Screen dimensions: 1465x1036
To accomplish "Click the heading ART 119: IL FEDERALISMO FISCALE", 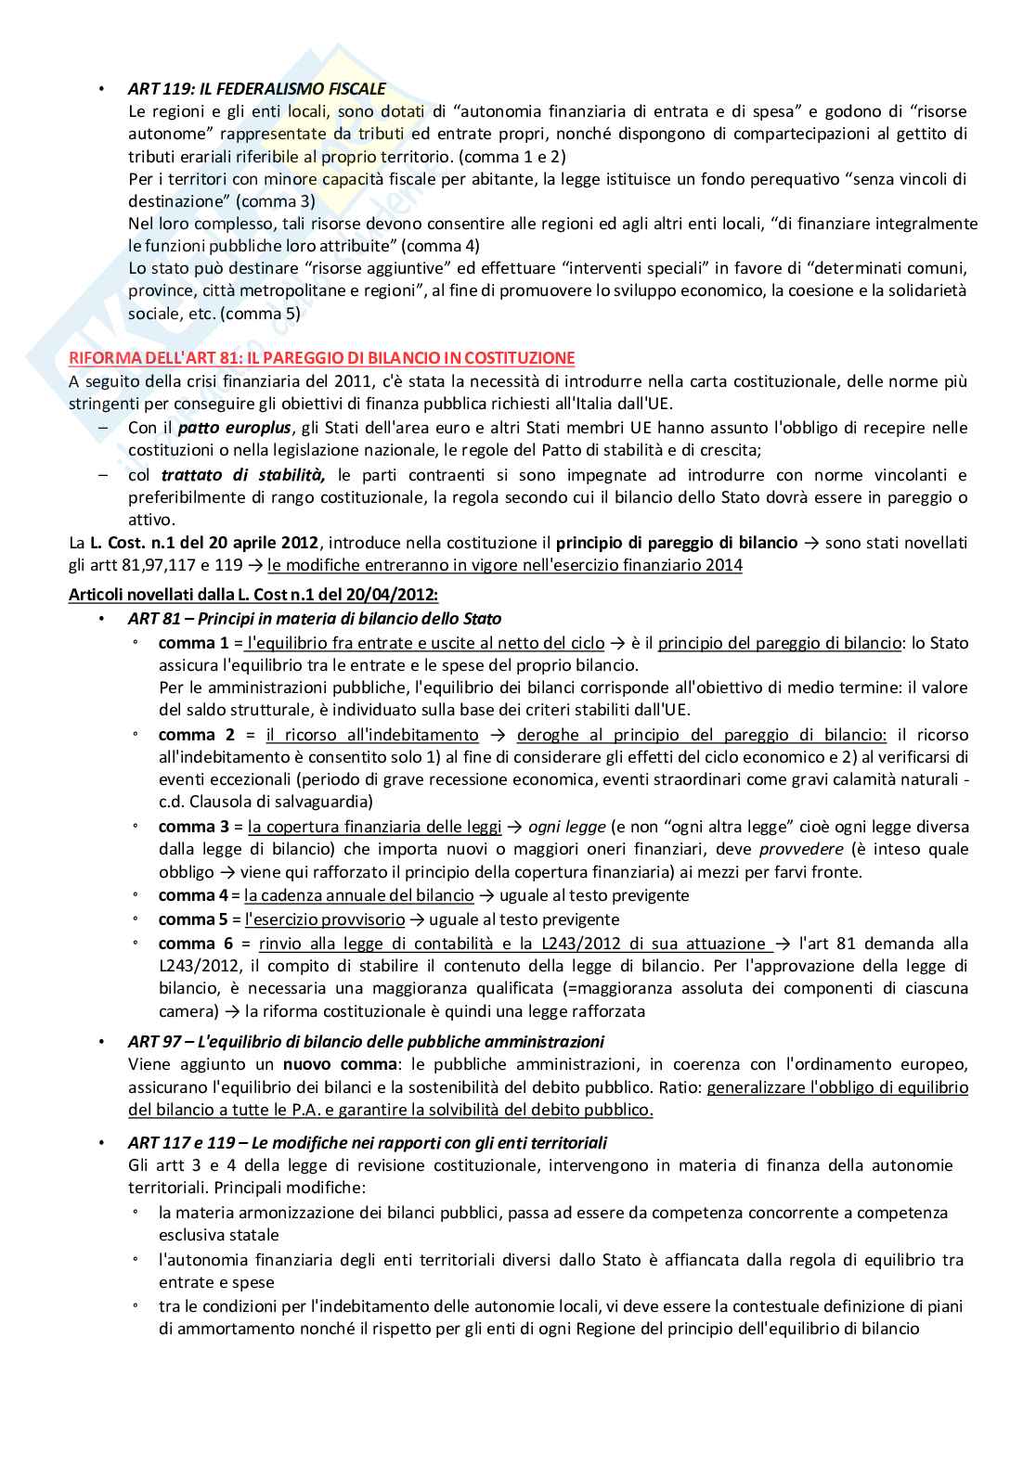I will click(x=257, y=89).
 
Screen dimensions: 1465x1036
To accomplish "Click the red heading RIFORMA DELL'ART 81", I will click(x=322, y=357).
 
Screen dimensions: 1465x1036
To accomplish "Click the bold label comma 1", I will click(x=193, y=643).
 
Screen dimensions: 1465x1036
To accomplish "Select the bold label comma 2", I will click(x=193, y=735).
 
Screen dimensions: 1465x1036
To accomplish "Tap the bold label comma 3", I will click(x=193, y=827).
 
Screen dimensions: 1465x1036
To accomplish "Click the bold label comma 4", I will click(x=193, y=895).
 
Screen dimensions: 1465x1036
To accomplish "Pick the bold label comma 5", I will click(x=193, y=919).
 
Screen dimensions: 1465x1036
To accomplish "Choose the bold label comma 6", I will click(x=193, y=944).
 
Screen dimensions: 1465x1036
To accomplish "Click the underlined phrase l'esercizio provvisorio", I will click(x=324, y=919).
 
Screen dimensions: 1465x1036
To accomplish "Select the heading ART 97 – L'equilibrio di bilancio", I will click(x=366, y=1041).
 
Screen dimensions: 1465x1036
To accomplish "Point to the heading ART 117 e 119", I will click(x=368, y=1142).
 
